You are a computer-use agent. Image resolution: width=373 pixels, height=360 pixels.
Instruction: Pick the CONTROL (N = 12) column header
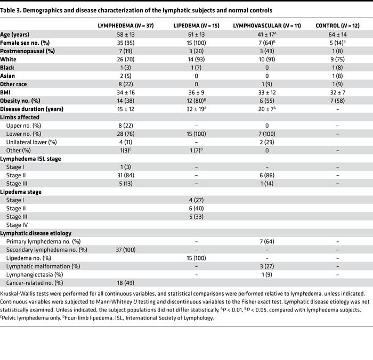(336, 26)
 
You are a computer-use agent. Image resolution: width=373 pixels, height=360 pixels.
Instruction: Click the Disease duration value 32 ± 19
(197, 109)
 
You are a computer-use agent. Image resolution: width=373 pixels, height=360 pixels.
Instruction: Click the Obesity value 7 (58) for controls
(336, 101)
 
